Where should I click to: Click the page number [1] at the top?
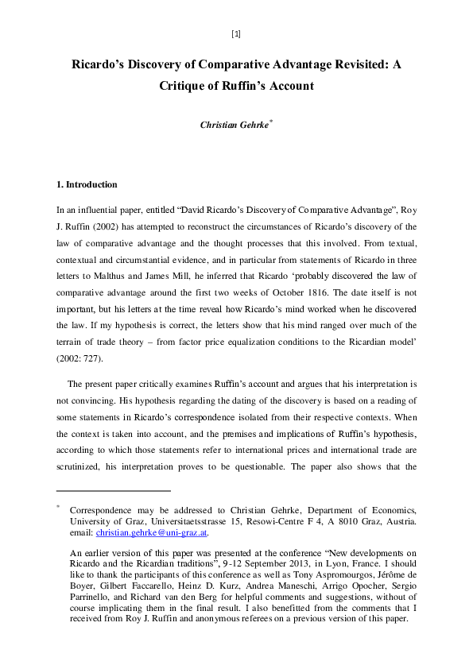click(236, 33)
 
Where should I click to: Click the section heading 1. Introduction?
click(87, 184)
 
